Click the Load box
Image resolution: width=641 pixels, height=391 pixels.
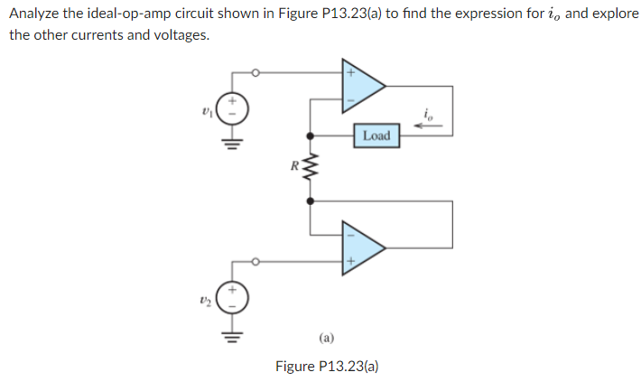(x=376, y=135)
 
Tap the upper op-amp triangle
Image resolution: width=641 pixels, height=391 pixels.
(x=359, y=86)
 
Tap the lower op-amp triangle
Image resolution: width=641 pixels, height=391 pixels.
(x=359, y=246)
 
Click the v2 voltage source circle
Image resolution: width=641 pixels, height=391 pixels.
(x=232, y=300)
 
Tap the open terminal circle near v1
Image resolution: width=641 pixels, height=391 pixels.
(x=255, y=72)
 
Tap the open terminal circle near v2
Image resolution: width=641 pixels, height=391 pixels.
(x=255, y=262)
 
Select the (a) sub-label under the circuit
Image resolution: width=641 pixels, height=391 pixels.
(x=326, y=338)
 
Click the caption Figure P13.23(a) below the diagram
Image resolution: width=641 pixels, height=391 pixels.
(x=326, y=366)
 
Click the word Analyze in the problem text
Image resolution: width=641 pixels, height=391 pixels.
(x=34, y=14)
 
